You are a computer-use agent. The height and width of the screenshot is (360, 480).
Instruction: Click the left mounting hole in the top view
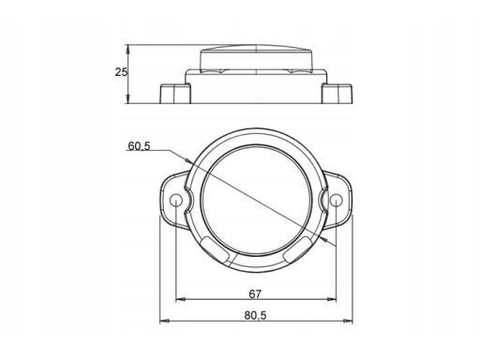(x=177, y=200)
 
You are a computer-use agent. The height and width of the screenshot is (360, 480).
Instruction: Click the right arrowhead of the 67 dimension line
(x=335, y=301)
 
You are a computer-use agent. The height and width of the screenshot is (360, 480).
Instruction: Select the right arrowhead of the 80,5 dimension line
(x=351, y=325)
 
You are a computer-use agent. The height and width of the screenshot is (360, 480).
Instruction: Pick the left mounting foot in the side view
(x=175, y=93)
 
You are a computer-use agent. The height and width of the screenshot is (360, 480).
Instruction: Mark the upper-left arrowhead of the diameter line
(x=190, y=161)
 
